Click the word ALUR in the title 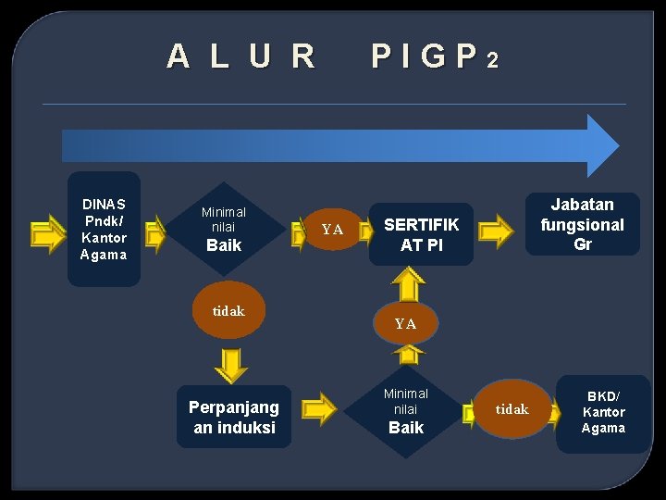click(x=241, y=57)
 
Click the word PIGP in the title click(x=424, y=57)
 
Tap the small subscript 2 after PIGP click(x=492, y=61)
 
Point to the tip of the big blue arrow click(x=616, y=145)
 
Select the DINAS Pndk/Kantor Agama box click(x=104, y=229)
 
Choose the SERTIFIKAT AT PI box click(x=421, y=234)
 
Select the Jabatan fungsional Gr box click(x=582, y=224)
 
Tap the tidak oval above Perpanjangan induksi click(x=228, y=311)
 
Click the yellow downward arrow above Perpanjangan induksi click(x=230, y=364)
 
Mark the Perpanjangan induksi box click(x=233, y=417)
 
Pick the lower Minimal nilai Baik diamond click(x=405, y=410)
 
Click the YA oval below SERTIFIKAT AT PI click(x=405, y=324)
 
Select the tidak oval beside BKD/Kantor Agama click(x=512, y=408)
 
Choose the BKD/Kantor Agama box click(x=603, y=412)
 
